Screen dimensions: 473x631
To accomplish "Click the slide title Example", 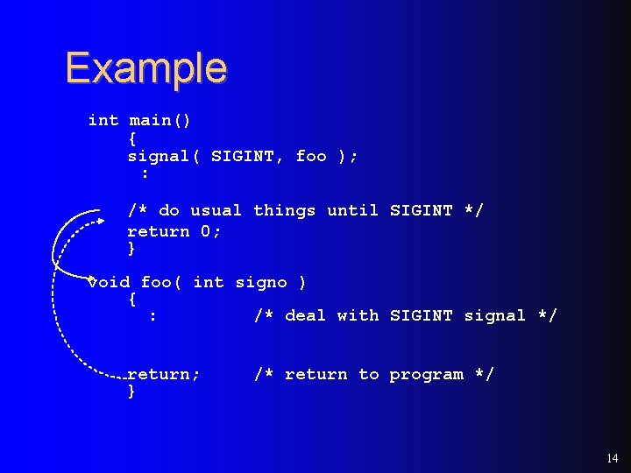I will (x=145, y=68).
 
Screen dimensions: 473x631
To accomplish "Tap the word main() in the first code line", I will (x=160, y=120).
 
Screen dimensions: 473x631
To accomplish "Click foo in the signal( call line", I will (x=311, y=157).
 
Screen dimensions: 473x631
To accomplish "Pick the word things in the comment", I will (x=284, y=211).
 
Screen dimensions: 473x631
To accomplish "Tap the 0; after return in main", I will (x=211, y=231).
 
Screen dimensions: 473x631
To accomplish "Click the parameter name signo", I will (x=261, y=282).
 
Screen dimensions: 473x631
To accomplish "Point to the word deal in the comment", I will (x=305, y=315).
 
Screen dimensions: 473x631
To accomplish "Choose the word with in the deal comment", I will (x=358, y=315).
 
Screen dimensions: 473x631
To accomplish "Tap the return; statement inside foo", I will (x=164, y=375).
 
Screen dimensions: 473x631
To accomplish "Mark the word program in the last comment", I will (x=427, y=375).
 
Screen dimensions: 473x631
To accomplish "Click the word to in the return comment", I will (x=369, y=375).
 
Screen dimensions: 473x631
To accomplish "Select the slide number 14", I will (x=612, y=458).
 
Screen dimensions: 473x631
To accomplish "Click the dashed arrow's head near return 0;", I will (x=99, y=222).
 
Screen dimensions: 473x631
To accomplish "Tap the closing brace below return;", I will (x=131, y=392).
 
